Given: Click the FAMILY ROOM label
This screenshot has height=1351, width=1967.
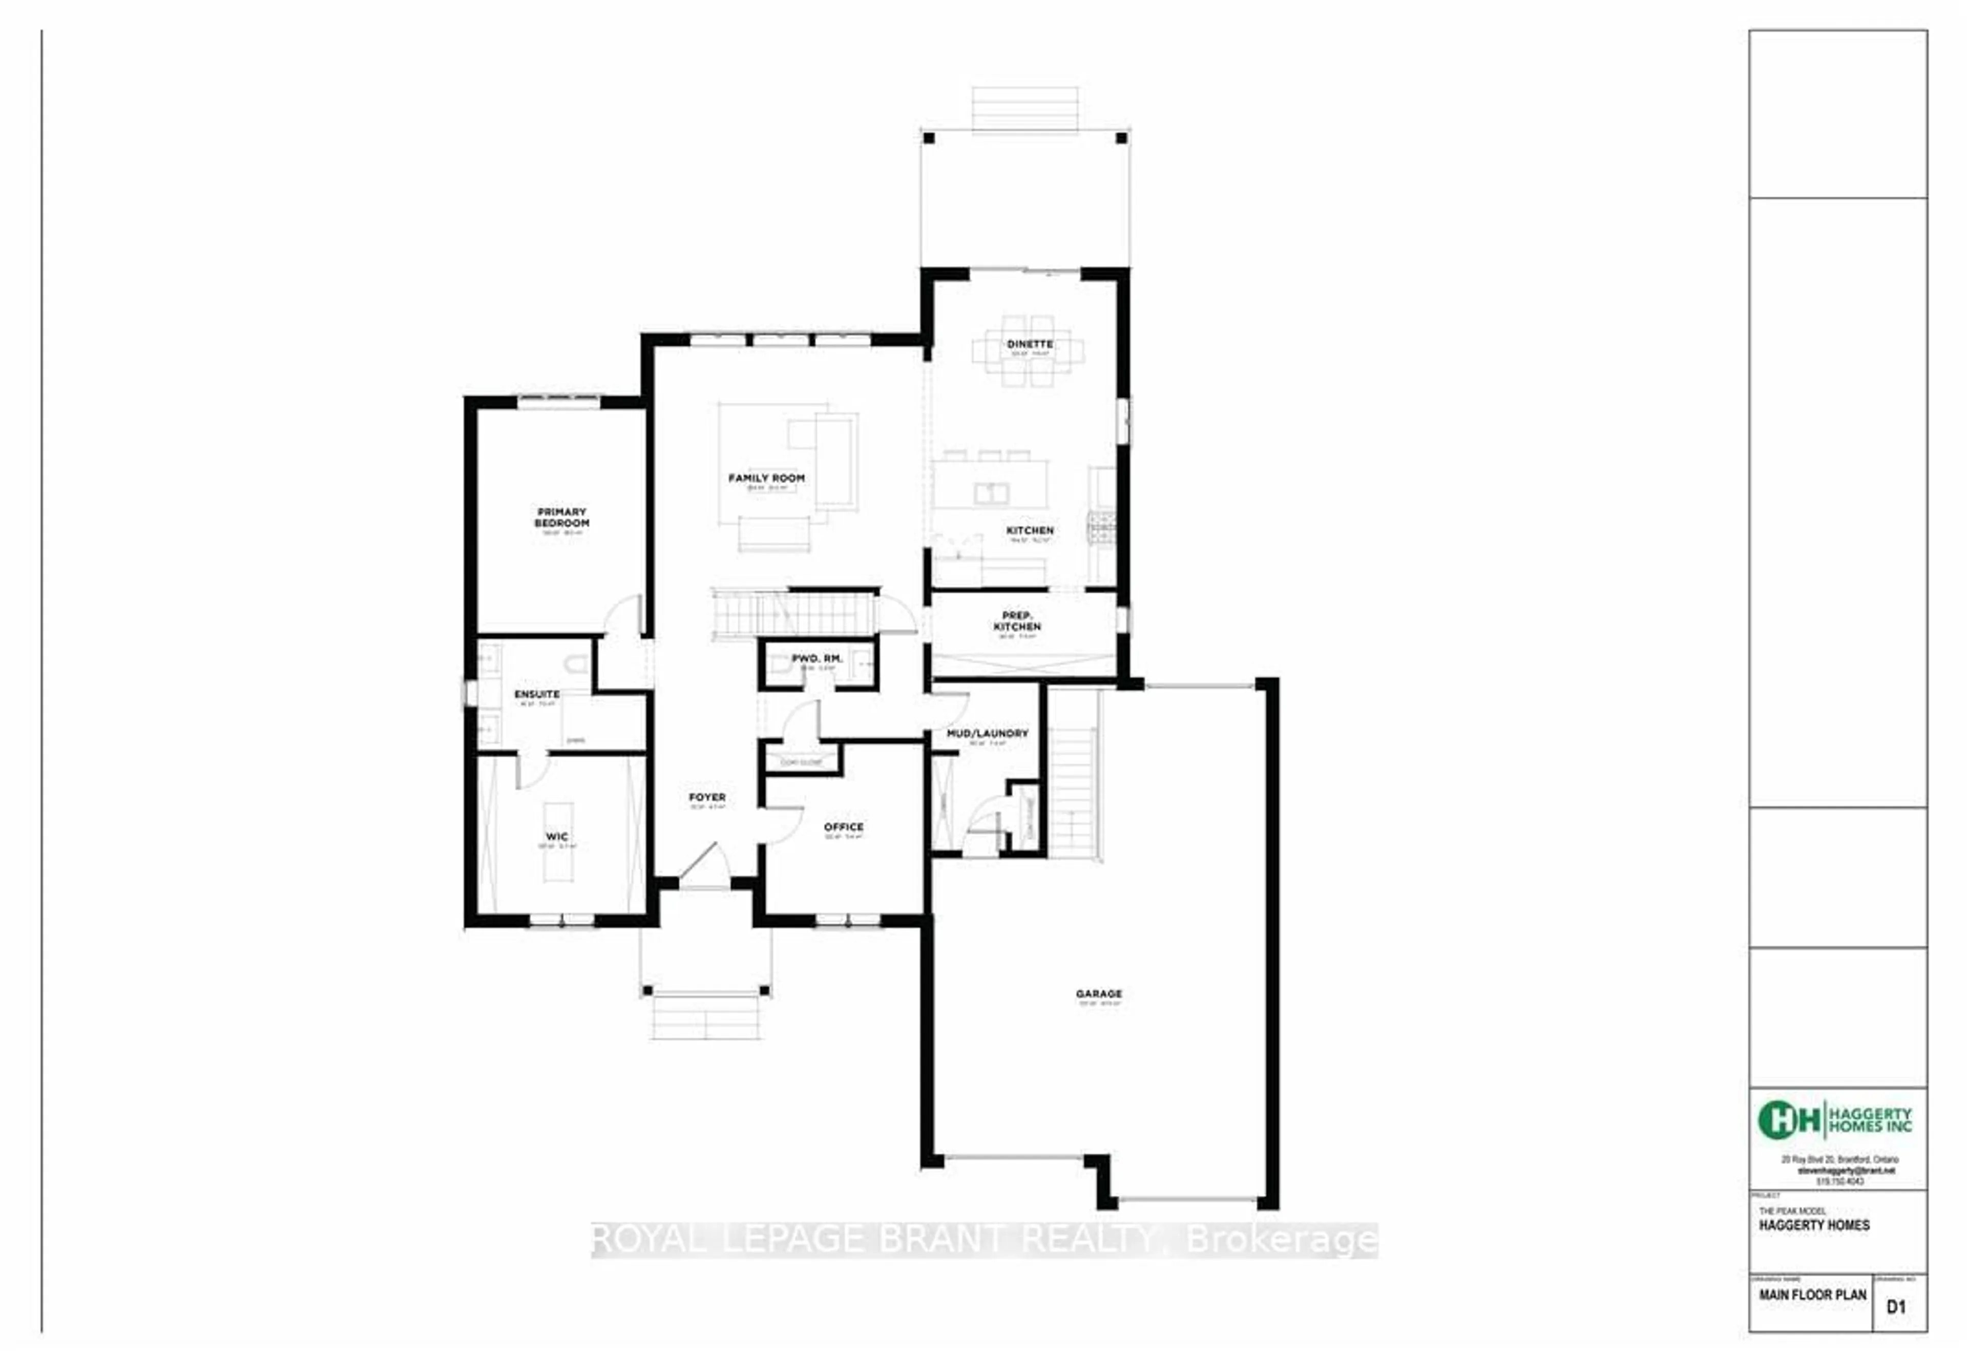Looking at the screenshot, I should [766, 479].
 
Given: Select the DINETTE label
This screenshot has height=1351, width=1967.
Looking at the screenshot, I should [1029, 344].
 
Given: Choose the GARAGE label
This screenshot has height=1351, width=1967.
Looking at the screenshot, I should [1099, 994].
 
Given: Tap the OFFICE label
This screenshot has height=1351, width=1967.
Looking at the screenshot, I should [843, 827].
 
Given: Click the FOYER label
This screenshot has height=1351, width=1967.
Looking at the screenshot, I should [707, 797].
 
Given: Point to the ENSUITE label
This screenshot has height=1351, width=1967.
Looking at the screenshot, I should [537, 694].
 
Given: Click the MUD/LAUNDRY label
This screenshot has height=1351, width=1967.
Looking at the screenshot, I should [987, 733].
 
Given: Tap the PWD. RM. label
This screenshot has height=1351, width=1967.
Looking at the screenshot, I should [817, 658].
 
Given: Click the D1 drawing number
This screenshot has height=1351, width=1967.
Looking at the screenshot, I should [1896, 1307].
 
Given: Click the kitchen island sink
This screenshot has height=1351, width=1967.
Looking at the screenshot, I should [991, 493].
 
